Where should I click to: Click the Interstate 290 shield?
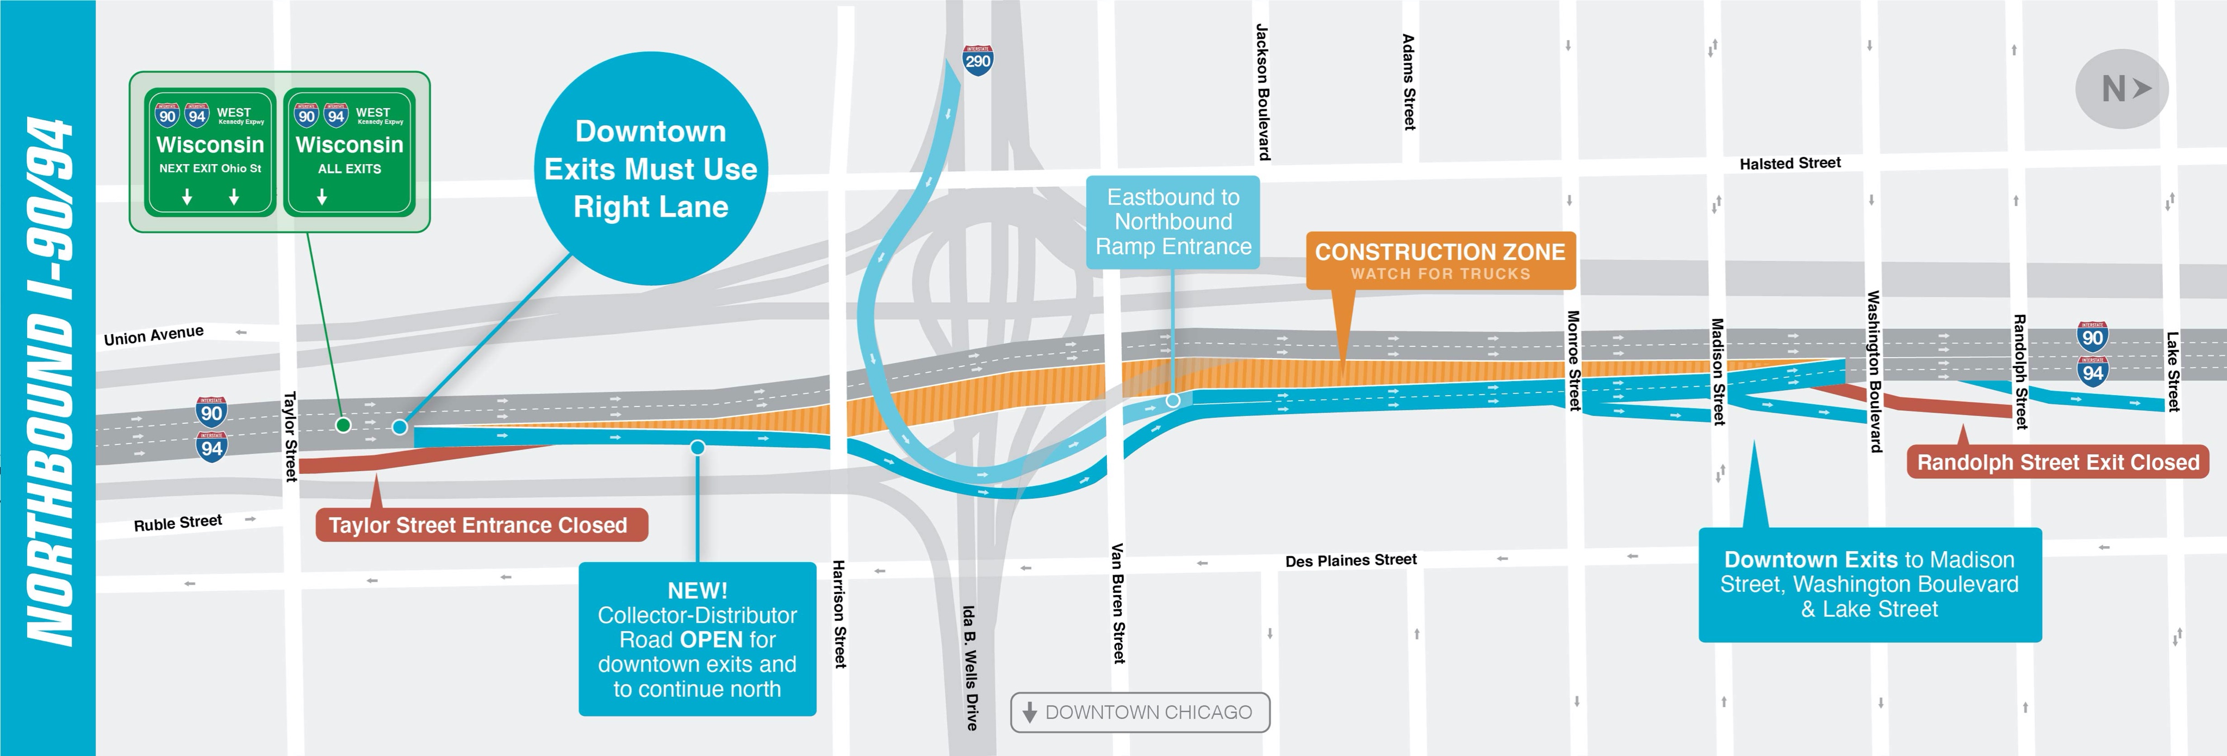coord(978,60)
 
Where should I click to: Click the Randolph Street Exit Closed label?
coord(2057,462)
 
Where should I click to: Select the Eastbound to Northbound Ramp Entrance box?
coord(1173,222)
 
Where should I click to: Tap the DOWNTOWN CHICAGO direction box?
coord(1140,712)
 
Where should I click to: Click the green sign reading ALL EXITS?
coord(349,152)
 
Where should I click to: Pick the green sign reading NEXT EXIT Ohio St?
coord(210,152)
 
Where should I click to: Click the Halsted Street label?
coord(1789,163)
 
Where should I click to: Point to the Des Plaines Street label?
coord(1351,560)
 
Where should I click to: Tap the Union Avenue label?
coord(154,335)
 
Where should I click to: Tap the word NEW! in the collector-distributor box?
coord(697,590)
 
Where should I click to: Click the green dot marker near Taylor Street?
coord(343,424)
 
